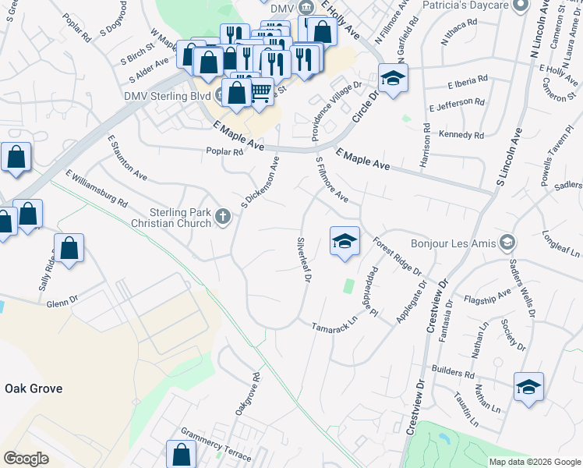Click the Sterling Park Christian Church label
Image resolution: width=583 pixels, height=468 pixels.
tap(180, 218)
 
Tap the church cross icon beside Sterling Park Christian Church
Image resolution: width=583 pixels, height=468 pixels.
tap(224, 217)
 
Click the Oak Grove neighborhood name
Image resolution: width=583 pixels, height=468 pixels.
tap(34, 388)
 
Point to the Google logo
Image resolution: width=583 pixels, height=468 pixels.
tap(26, 459)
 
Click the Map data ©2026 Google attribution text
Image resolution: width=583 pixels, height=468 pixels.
tap(535, 462)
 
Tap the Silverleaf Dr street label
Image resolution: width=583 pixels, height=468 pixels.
tap(305, 259)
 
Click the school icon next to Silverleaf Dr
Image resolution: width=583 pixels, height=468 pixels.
tap(343, 240)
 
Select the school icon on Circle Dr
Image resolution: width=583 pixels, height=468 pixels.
tap(393, 79)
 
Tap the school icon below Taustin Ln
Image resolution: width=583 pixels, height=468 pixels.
tap(528, 387)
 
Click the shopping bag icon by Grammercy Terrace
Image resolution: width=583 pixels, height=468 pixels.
tap(181, 454)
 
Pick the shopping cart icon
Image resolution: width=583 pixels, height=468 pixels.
tap(260, 92)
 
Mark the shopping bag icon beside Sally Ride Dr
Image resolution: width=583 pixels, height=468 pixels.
tap(69, 249)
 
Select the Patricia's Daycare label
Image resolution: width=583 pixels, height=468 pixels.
tap(465, 5)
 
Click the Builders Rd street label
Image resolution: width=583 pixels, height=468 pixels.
tap(454, 374)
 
